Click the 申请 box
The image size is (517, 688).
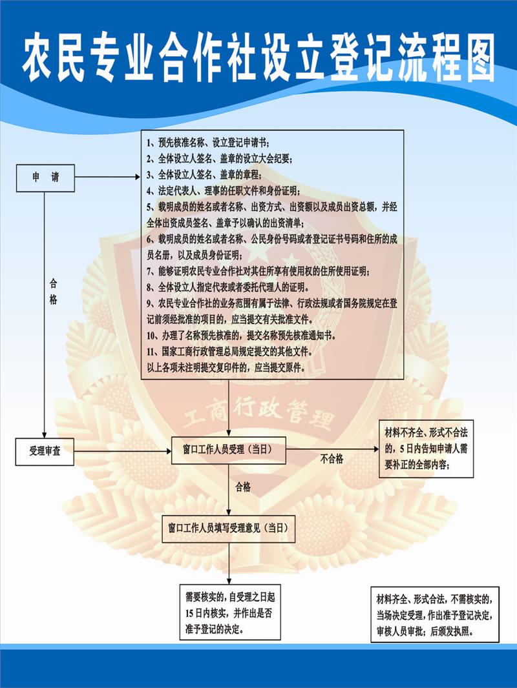click(x=45, y=177)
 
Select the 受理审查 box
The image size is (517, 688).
click(x=45, y=452)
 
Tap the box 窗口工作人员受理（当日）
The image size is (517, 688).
click(x=228, y=450)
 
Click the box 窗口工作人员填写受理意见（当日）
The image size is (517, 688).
click(x=228, y=529)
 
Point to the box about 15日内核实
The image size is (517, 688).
click(x=229, y=612)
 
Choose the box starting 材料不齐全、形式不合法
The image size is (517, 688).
click(x=426, y=449)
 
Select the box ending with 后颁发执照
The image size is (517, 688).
click(x=435, y=614)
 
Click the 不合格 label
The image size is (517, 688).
click(x=332, y=459)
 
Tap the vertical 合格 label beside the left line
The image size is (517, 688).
click(x=53, y=292)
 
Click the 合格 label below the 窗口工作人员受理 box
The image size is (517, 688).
click(x=243, y=487)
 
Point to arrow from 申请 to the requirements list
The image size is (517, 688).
click(x=108, y=177)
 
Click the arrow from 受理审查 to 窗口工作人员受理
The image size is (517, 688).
click(x=123, y=451)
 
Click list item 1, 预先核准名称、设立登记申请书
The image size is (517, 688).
click(x=207, y=143)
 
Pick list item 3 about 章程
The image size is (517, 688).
click(x=204, y=175)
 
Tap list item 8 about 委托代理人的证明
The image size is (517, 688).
click(x=228, y=287)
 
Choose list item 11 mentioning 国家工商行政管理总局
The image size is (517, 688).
click(x=230, y=352)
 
